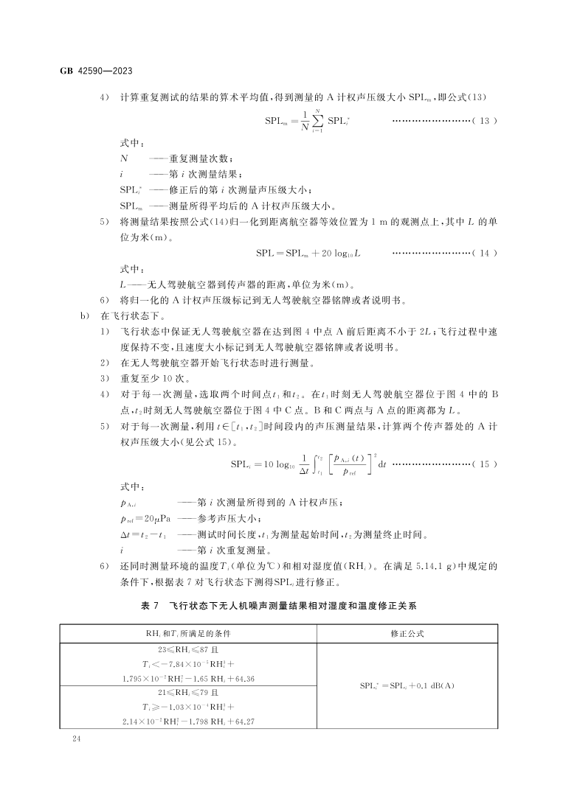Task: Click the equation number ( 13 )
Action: pos(483,120)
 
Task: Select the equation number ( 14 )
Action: pos(483,253)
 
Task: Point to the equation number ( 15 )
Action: pos(483,464)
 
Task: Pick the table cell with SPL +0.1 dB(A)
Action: pos(407,685)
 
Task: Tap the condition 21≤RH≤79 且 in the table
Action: pos(187,693)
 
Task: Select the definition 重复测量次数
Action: pos(201,158)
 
